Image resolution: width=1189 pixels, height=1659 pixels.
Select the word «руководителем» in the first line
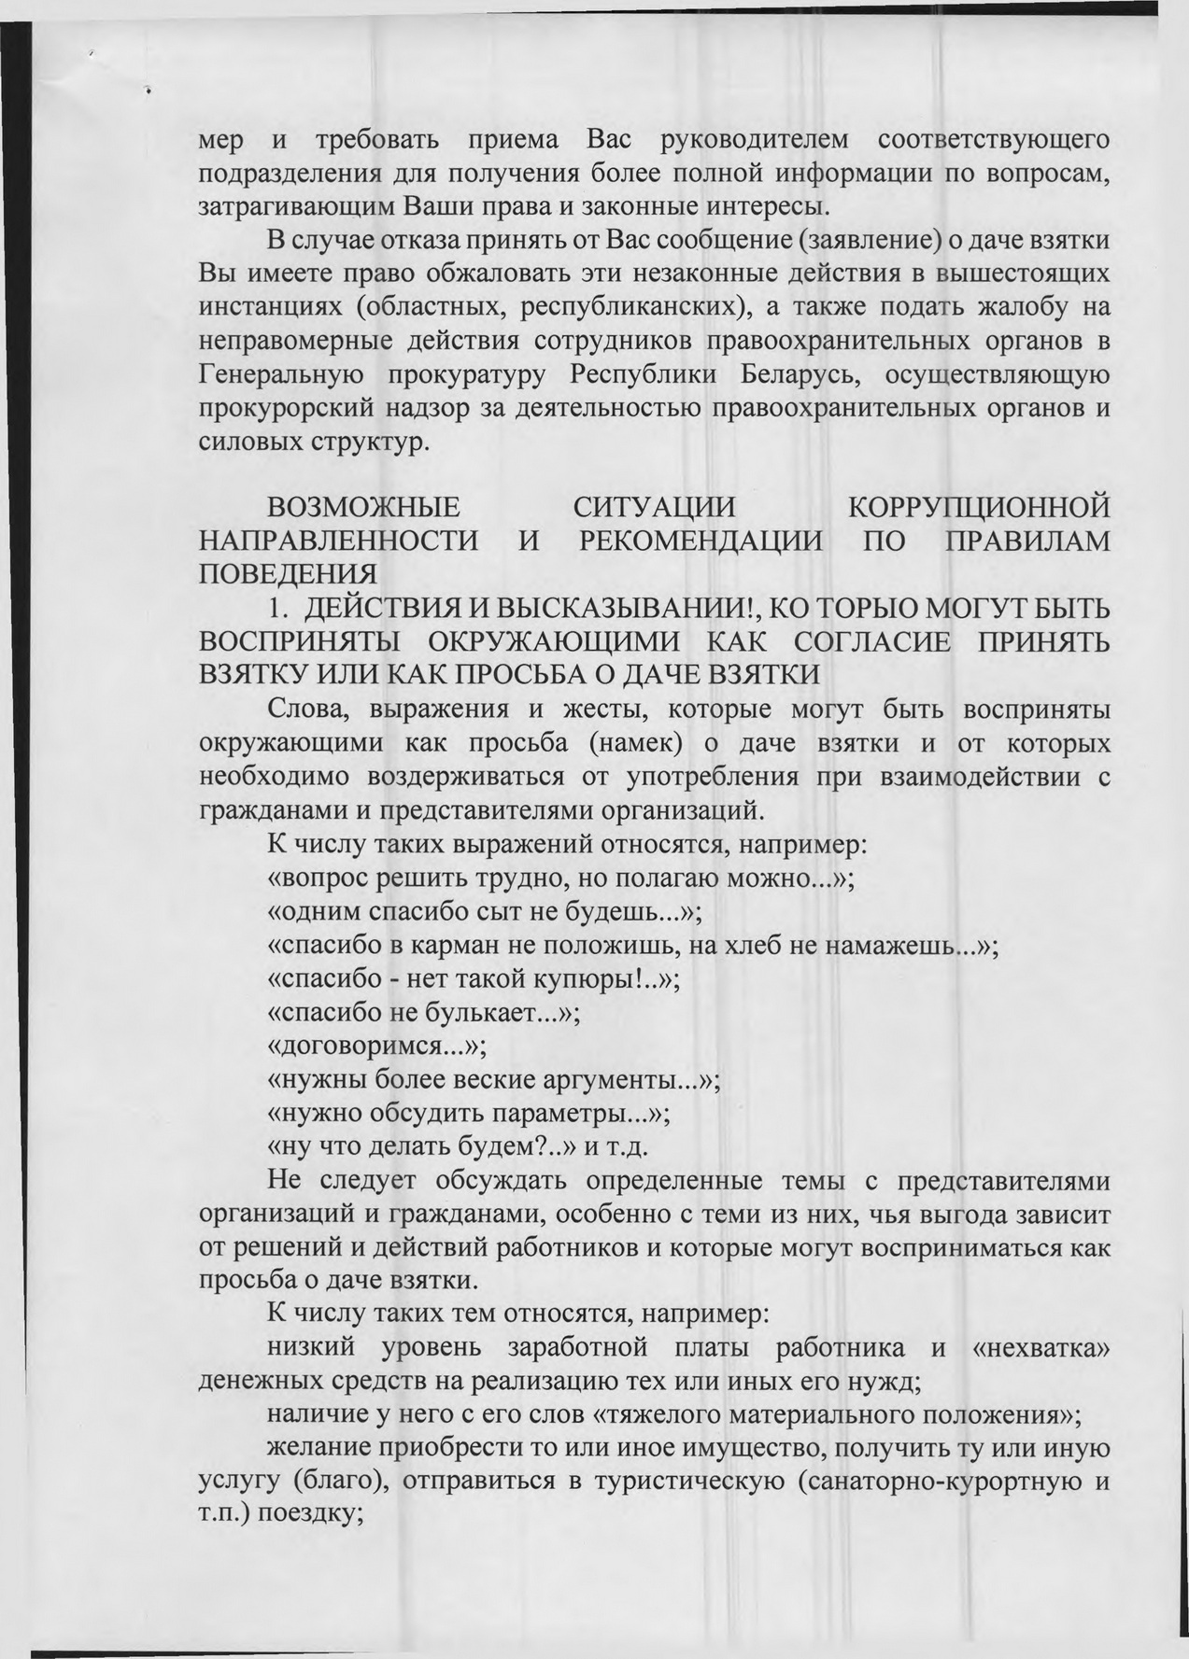pos(755,140)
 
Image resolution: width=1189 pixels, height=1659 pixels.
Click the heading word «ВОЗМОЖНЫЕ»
pos(364,509)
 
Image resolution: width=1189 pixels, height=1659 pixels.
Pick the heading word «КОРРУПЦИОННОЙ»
pos(978,509)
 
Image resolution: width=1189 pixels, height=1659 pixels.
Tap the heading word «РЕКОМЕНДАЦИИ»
pos(701,542)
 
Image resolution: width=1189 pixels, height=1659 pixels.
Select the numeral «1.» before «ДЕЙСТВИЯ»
pos(277,610)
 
